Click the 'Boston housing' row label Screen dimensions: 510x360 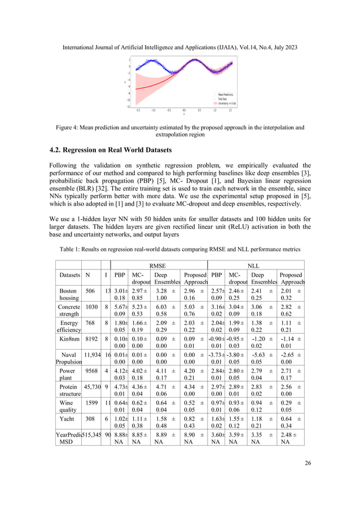68,294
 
